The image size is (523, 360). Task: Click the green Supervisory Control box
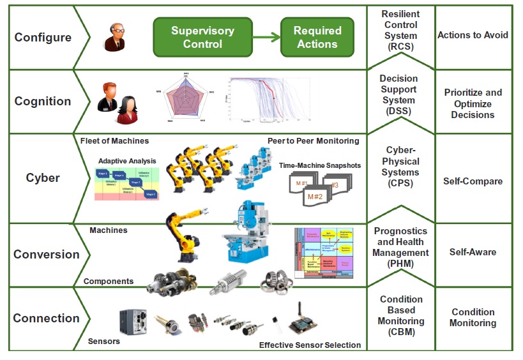(202, 37)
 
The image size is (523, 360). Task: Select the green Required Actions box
(317, 37)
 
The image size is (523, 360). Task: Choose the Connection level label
(46, 318)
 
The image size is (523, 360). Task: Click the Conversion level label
(46, 254)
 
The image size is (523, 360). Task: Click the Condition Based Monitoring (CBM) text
(400, 315)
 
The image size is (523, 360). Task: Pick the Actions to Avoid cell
(473, 35)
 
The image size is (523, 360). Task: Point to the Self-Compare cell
(473, 181)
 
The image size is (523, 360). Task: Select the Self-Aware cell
(473, 252)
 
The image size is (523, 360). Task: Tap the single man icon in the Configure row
(115, 37)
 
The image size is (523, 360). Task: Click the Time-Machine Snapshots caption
(319, 165)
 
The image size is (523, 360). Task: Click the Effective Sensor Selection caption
(310, 345)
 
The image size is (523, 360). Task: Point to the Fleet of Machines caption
(115, 140)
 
